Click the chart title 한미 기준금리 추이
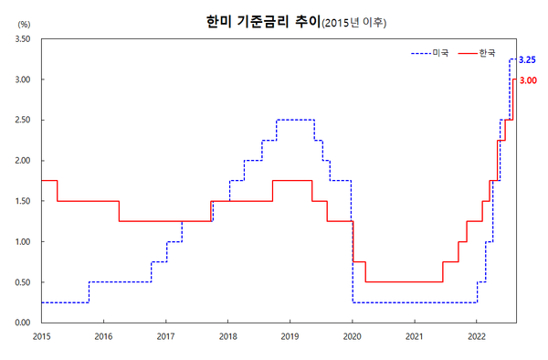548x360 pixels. click(x=258, y=19)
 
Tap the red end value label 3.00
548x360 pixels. click(x=527, y=80)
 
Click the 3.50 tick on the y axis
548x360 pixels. click(x=24, y=40)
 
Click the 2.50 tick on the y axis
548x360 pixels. click(x=24, y=121)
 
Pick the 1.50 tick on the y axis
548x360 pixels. click(x=24, y=201)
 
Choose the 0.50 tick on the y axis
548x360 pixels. click(x=24, y=282)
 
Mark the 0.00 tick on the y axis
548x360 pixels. click(x=24, y=323)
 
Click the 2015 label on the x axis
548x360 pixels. click(x=41, y=336)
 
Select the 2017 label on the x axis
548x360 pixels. click(x=165, y=336)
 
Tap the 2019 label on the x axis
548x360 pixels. click(x=290, y=336)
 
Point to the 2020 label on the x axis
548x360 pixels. click(x=352, y=336)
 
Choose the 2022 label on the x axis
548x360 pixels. click(x=476, y=336)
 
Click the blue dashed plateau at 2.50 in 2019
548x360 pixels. click(x=295, y=120)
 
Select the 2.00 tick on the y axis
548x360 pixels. click(x=24, y=161)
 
